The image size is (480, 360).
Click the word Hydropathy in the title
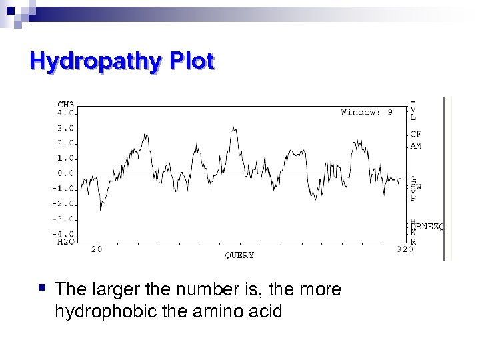coord(96,62)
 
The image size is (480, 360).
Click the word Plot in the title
coord(191,62)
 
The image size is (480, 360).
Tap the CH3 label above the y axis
coord(65,105)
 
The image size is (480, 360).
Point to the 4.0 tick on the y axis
coord(65,113)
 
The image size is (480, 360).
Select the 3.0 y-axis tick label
coord(65,128)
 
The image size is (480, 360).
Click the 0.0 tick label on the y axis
coord(65,173)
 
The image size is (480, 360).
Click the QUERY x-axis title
coord(239,255)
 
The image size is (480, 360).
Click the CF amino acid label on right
coord(416,134)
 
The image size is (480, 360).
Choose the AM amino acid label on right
coord(416,145)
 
